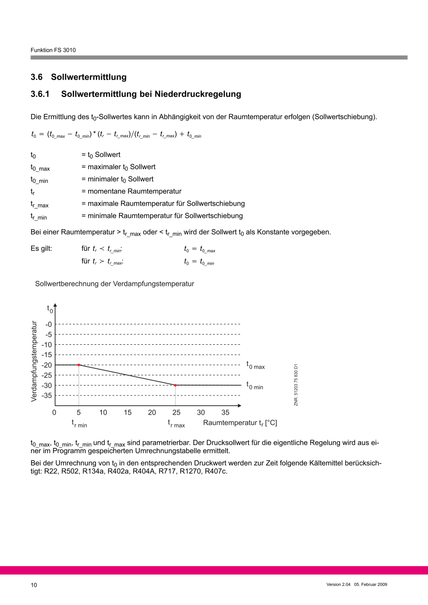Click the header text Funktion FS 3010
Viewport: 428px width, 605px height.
pyautogui.click(x=53, y=50)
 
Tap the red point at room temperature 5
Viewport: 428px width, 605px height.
pyautogui.click(x=79, y=365)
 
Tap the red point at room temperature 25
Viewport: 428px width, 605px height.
pyautogui.click(x=176, y=385)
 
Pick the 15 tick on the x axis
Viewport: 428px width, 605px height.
pyautogui.click(x=127, y=413)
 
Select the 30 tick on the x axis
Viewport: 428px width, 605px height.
pyautogui.click(x=201, y=413)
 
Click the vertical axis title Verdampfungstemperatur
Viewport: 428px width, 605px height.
pyautogui.click(x=34, y=361)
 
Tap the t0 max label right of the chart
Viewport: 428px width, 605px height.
pyautogui.click(x=255, y=365)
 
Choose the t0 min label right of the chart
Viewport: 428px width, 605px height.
pyautogui.click(x=255, y=386)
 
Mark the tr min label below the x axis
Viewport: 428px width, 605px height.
pyautogui.click(x=79, y=423)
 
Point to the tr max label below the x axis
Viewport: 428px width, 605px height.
pyautogui.click(x=176, y=423)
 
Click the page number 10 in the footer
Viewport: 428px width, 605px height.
pyautogui.click(x=33, y=585)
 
